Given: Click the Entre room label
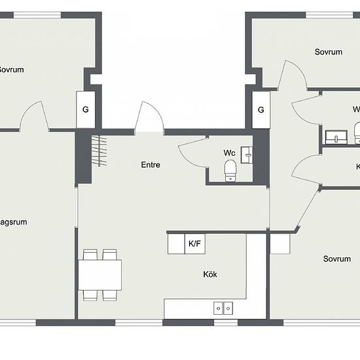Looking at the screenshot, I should tap(150, 165).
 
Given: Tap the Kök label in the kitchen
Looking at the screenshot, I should tap(210, 274).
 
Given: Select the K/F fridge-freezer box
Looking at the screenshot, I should tap(194, 244).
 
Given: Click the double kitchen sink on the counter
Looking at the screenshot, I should tap(223, 308).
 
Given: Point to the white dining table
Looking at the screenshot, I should tap(100, 274).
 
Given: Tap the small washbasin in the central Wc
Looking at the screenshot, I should tap(246, 154).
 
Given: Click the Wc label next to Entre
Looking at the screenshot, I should tap(229, 153).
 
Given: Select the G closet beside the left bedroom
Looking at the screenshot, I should tap(85, 109).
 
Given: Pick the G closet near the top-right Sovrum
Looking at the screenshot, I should tap(261, 109).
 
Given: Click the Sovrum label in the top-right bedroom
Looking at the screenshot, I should tap(329, 52).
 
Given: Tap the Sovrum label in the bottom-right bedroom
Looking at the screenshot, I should tap(336, 259).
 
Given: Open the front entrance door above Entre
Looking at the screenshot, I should tap(149, 118).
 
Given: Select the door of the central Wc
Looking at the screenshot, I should tap(191, 152).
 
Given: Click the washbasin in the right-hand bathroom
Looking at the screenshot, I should tap(336, 137).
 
